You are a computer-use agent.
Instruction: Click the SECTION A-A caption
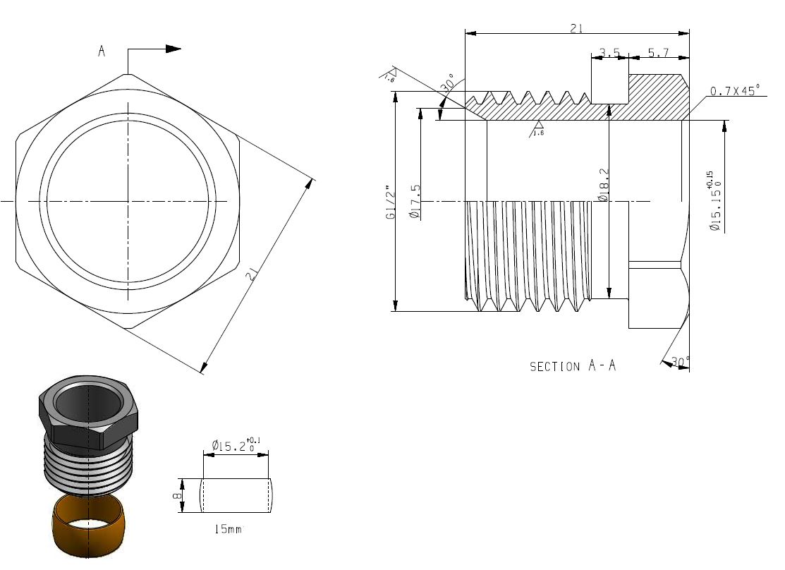point(573,366)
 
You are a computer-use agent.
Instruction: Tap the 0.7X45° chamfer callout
point(734,91)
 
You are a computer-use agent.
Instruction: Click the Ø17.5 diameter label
point(415,202)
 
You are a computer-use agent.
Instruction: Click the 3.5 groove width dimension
point(608,52)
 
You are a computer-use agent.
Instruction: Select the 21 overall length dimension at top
point(576,28)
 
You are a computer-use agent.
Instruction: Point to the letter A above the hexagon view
point(102,51)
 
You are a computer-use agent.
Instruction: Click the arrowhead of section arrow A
point(173,49)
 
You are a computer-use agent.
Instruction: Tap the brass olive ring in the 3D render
point(88,526)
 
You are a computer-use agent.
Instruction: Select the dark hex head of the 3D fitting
point(88,413)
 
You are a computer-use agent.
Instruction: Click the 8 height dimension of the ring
point(178,496)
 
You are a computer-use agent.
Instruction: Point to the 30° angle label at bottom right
point(680,361)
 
